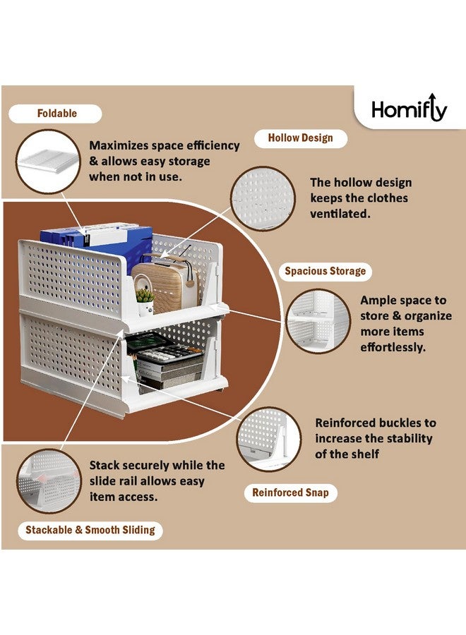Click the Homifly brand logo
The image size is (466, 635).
(409, 109)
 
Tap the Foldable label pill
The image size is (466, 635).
(57, 114)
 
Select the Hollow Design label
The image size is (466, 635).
(300, 138)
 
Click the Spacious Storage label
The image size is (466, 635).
(325, 271)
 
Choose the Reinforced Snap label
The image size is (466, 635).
(290, 492)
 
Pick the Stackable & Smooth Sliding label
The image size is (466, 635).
(90, 530)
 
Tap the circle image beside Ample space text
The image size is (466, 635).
(318, 320)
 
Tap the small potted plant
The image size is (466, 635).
(145, 301)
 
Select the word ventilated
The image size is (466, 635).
(340, 213)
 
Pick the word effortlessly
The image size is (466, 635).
(393, 347)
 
